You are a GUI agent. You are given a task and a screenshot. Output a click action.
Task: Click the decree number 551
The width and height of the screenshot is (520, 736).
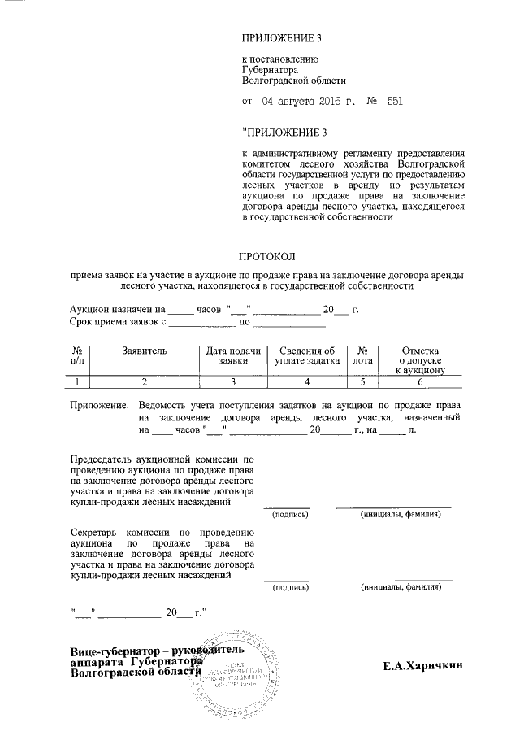[x=396, y=102]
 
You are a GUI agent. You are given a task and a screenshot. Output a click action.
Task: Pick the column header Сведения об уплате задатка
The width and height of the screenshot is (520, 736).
[x=306, y=355]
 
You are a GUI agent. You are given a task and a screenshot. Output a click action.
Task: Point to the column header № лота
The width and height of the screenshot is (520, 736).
[x=364, y=355]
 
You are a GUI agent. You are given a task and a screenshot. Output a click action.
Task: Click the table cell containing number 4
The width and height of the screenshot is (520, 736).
[x=306, y=381]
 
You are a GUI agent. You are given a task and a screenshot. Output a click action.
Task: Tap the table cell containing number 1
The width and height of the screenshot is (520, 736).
[x=77, y=381]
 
